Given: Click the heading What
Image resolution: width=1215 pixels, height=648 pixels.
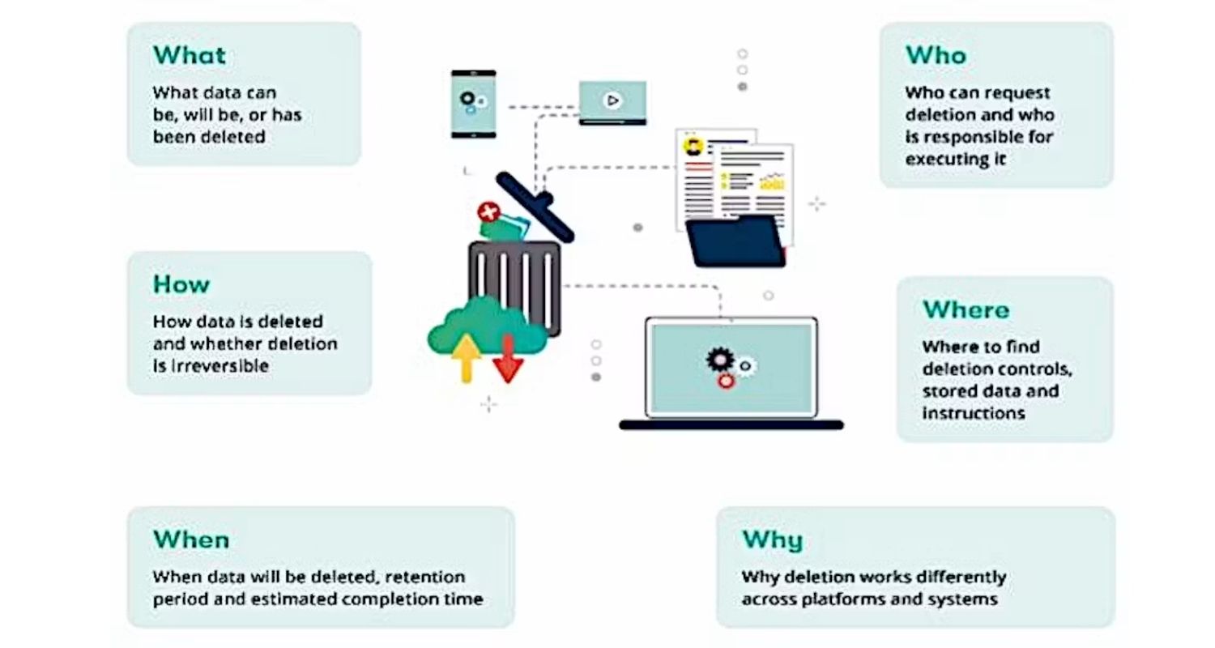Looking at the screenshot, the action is [190, 55].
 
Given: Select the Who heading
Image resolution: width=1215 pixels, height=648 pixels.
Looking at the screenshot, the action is [936, 55].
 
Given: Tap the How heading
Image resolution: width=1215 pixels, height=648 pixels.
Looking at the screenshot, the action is [181, 284].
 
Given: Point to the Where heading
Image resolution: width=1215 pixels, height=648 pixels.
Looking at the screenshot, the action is [966, 309].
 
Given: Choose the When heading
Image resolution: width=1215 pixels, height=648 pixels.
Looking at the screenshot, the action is [191, 539].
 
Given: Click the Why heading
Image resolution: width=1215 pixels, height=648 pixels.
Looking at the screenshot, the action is [773, 540].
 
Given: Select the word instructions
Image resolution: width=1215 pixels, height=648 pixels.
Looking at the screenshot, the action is [974, 413].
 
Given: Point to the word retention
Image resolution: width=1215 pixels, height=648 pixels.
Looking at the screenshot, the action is [424, 577].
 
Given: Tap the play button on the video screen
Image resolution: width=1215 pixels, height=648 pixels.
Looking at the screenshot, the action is [612, 100].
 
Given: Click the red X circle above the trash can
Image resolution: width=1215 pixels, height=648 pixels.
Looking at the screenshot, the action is [488, 212].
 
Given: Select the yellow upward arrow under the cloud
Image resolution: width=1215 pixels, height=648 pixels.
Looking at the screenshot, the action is [466, 358].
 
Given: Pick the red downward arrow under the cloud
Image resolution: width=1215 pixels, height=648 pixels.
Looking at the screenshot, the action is [508, 359].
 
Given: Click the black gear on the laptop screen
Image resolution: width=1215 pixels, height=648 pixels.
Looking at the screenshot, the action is [720, 359].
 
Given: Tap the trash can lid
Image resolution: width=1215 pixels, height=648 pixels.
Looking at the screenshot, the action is [535, 207].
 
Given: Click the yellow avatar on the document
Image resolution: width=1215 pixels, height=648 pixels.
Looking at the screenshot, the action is [693, 147].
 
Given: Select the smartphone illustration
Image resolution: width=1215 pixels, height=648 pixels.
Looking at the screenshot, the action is [474, 104].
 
